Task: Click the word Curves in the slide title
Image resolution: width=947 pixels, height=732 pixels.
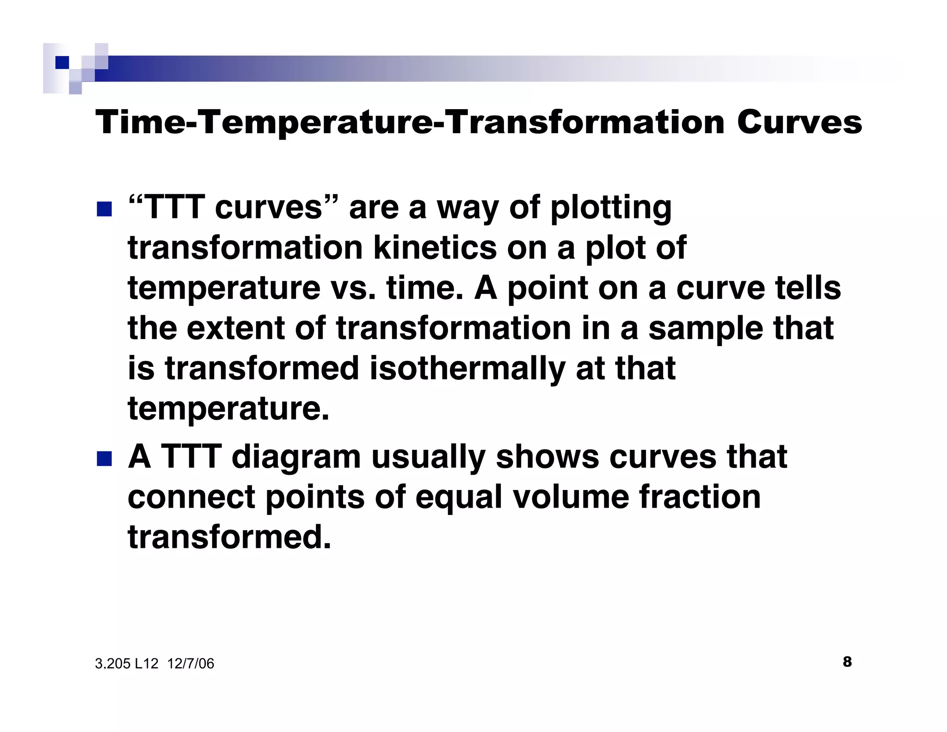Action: pyautogui.click(x=799, y=123)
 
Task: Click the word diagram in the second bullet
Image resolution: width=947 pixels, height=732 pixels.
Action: pyautogui.click(x=296, y=457)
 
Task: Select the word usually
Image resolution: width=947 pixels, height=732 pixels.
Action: pyautogui.click(x=428, y=457)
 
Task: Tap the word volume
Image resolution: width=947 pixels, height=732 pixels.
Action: pyautogui.click(x=571, y=497)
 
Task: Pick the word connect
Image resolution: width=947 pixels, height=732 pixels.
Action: pyautogui.click(x=191, y=497)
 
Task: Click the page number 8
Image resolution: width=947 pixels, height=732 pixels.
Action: pyautogui.click(x=847, y=662)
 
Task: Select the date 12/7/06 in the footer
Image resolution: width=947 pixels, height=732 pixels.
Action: pyautogui.click(x=191, y=664)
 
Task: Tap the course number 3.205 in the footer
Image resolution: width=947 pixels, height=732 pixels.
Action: pyautogui.click(x=113, y=664)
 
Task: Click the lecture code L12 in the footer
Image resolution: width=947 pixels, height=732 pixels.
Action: pyautogui.click(x=147, y=664)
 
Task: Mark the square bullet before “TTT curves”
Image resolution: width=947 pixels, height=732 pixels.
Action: pyautogui.click(x=104, y=209)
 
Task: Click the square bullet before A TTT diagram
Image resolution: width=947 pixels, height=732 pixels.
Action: pyautogui.click(x=104, y=459)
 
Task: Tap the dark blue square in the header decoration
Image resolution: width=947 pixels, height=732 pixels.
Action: pyautogui.click(x=62, y=62)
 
